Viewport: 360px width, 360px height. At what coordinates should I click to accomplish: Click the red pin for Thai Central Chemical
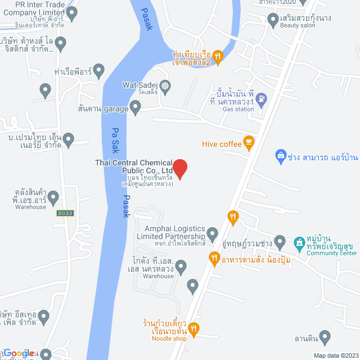(179, 168)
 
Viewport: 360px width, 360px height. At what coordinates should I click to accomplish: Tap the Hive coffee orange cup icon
(249, 144)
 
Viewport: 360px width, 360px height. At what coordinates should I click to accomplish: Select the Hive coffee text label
(222, 145)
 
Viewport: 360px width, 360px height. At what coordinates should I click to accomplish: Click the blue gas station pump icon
(261, 99)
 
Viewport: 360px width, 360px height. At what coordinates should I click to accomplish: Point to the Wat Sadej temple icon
(165, 86)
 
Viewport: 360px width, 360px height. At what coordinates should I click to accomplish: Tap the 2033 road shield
(65, 213)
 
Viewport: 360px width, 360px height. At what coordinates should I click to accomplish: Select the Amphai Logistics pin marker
(212, 233)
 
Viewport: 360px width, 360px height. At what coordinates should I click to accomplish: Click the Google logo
(18, 353)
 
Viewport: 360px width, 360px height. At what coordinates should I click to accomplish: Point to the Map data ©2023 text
(335, 355)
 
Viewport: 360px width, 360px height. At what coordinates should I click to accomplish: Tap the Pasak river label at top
(147, 19)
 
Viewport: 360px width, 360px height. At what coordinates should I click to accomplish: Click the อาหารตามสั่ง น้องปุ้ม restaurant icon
(214, 259)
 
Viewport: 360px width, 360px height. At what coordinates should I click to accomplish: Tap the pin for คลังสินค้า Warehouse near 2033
(53, 197)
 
